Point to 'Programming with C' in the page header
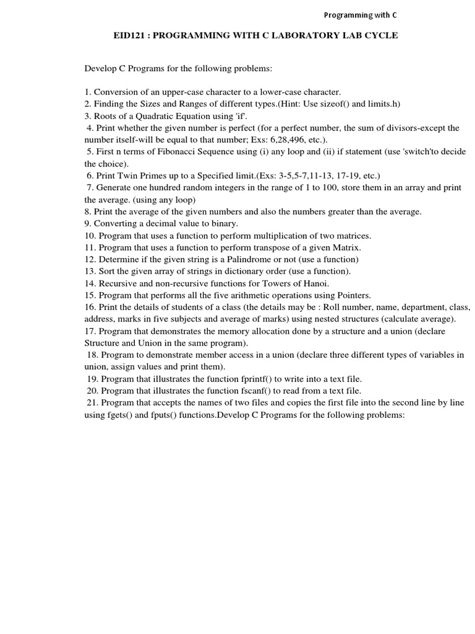365,15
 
